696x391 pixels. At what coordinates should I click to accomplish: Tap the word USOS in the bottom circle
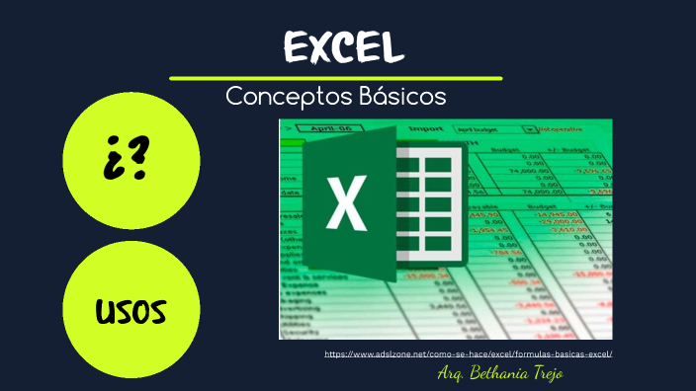click(x=130, y=313)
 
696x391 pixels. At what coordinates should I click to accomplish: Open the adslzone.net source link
click(x=469, y=352)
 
